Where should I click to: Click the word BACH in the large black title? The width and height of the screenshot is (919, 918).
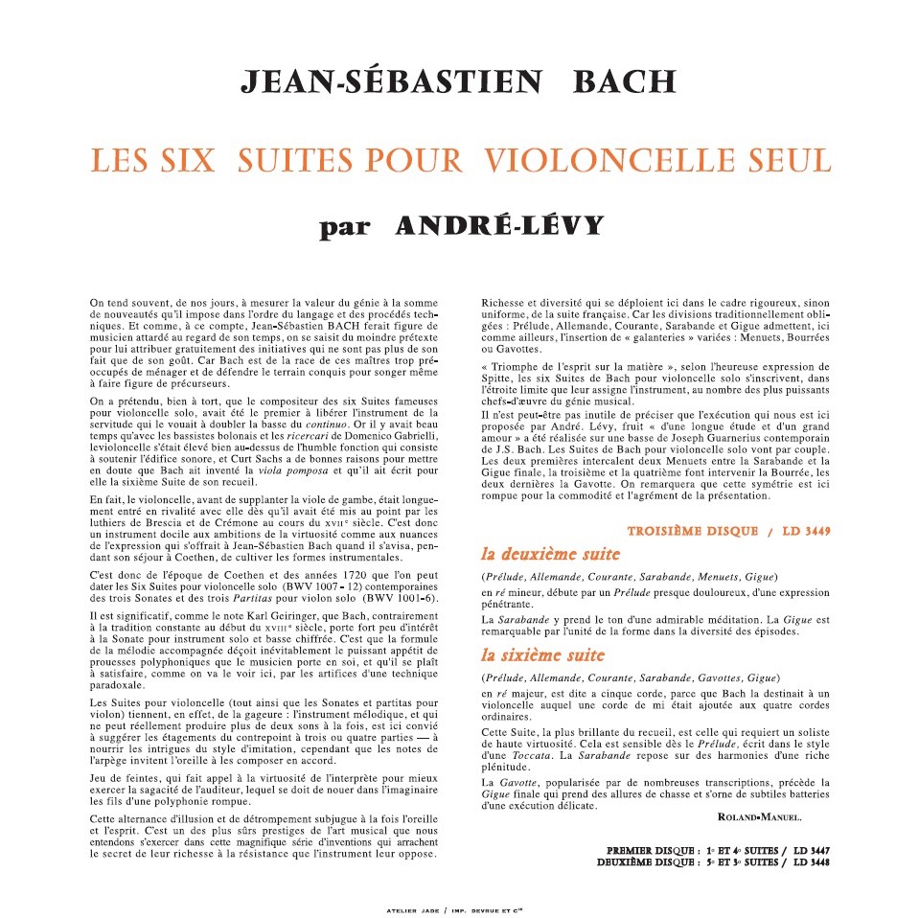point(624,82)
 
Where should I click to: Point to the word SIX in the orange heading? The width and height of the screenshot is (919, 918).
point(188,159)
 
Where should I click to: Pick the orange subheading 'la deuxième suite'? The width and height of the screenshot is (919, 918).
point(551,555)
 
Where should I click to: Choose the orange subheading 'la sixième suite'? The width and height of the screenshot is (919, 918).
point(543,655)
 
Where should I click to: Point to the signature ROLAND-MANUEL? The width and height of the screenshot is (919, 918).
point(760,816)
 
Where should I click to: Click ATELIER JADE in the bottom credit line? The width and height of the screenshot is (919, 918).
point(405,909)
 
